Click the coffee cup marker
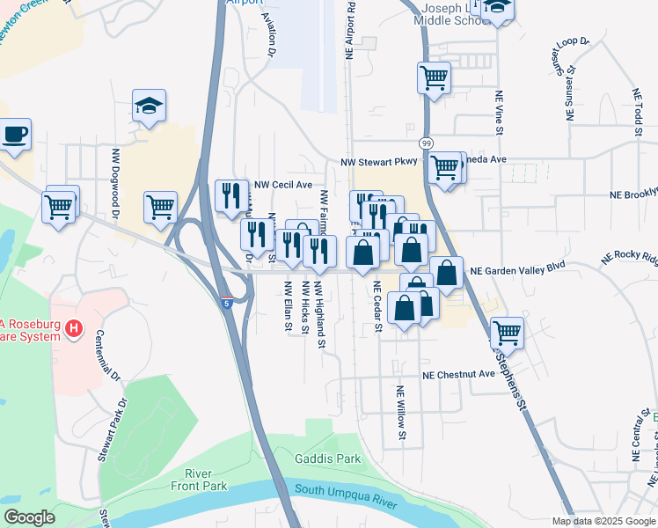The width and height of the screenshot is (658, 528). (14, 136)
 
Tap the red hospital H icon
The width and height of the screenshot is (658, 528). (74, 330)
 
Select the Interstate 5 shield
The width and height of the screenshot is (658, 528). (228, 303)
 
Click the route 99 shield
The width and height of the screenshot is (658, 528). (425, 143)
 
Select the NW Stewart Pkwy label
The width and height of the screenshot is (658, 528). (383, 163)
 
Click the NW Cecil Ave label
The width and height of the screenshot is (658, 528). (283, 186)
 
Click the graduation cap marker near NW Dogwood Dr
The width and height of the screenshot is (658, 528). (150, 107)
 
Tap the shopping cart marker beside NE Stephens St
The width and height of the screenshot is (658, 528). (508, 333)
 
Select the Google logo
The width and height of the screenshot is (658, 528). (29, 517)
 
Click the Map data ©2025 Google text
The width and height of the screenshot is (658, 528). (603, 521)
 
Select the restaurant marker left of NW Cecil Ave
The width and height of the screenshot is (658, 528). (231, 195)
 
